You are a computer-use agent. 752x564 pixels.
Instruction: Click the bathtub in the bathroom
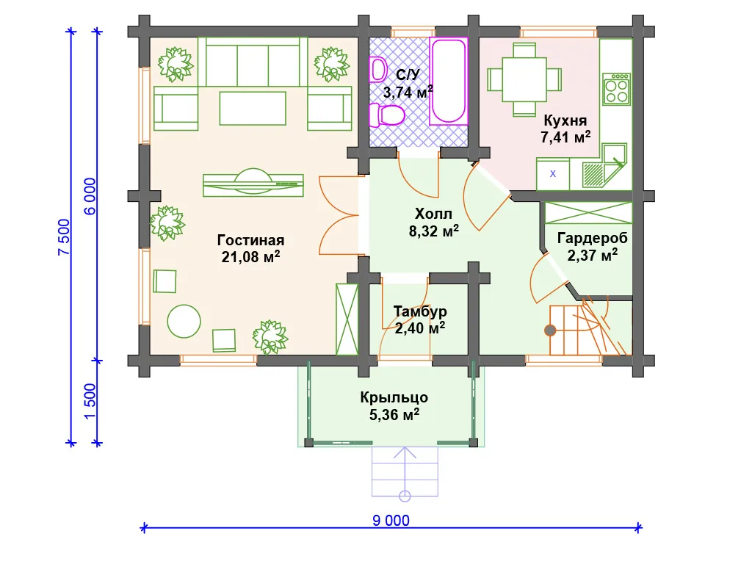click(449, 81)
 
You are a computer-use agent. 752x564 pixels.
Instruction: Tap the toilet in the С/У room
click(386, 115)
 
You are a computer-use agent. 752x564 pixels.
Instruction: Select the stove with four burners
click(616, 89)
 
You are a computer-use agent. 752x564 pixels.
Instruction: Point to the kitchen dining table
click(524, 79)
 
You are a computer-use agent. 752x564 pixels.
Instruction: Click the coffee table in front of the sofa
click(253, 109)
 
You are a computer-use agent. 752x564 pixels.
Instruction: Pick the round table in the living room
click(184, 322)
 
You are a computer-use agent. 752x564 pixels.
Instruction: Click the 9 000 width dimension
click(391, 521)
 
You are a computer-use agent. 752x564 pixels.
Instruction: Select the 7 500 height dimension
click(64, 237)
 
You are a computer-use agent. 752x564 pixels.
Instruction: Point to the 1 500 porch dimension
click(90, 401)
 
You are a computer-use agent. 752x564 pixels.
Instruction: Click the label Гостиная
click(250, 240)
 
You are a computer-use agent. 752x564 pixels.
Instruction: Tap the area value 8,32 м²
click(433, 231)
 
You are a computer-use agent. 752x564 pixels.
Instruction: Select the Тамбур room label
click(420, 311)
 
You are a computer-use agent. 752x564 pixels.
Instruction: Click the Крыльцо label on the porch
click(394, 397)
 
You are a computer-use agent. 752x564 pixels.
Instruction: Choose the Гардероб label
click(593, 238)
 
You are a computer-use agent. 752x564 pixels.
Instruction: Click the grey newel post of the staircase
click(550, 330)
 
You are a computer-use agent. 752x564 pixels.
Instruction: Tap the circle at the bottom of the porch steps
click(405, 496)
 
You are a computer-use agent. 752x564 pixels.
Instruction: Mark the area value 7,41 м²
click(565, 137)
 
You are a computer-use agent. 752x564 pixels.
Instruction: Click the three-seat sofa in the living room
click(253, 62)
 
